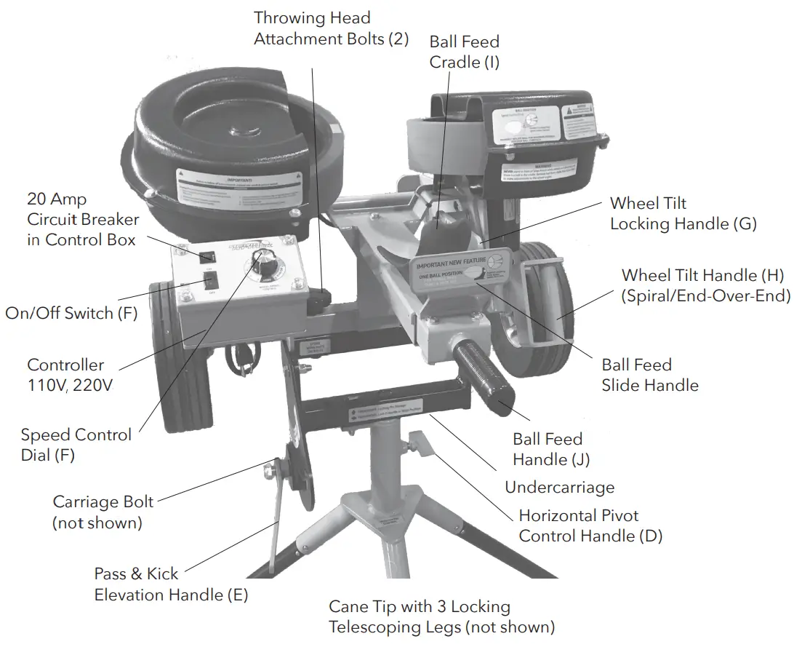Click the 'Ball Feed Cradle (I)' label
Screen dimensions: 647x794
[465, 52]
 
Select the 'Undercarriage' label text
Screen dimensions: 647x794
[559, 488]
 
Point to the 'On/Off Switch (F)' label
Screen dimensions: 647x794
[70, 314]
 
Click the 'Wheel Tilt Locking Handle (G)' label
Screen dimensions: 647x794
[683, 213]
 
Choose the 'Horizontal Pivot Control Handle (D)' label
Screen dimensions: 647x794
[590, 526]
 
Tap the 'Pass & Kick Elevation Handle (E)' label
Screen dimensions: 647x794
[171, 584]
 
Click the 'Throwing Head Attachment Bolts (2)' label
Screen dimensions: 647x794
[331, 28]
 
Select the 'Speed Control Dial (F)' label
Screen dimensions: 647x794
[76, 445]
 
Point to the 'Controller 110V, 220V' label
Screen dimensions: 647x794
[69, 375]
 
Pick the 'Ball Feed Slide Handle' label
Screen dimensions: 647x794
[649, 375]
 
